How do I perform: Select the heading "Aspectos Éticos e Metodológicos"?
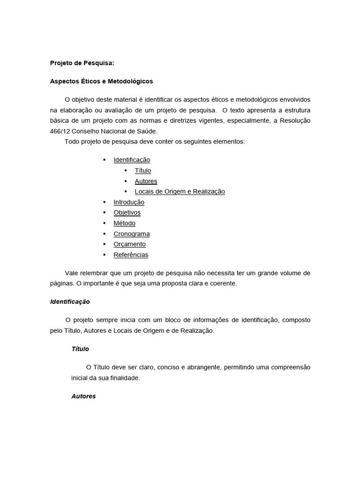[x=101, y=81]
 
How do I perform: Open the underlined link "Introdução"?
[x=129, y=202]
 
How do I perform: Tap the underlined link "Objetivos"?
[x=127, y=212]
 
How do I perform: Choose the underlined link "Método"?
[x=124, y=223]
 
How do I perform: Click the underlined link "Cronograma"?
[x=132, y=234]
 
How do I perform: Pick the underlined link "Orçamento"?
[x=129, y=244]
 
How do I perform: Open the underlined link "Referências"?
[x=131, y=255]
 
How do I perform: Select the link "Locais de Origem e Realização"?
[x=180, y=191]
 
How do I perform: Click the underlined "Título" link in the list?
[x=143, y=171]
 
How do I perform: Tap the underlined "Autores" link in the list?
[x=146, y=181]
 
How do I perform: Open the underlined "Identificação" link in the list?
[x=132, y=160]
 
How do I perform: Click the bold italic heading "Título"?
[x=80, y=349]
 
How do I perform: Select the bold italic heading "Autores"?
[x=83, y=396]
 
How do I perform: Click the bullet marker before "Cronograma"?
[x=104, y=234]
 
